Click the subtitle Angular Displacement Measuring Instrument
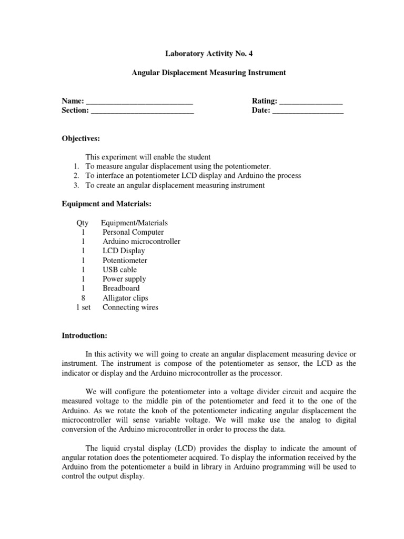pos(209,73)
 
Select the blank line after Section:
pos(142,111)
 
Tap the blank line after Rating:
pos(311,101)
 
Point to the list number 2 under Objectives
pos(76,176)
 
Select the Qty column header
pos(83,223)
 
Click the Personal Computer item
pos(133,232)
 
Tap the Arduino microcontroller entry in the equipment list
pos(142,242)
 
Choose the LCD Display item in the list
pos(124,251)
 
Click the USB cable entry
pos(119,270)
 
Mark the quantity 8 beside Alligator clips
pos(83,298)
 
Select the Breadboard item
pos(121,288)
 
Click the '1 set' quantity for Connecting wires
pos(83,307)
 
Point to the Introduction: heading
pos(85,335)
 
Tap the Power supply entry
pos(124,279)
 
